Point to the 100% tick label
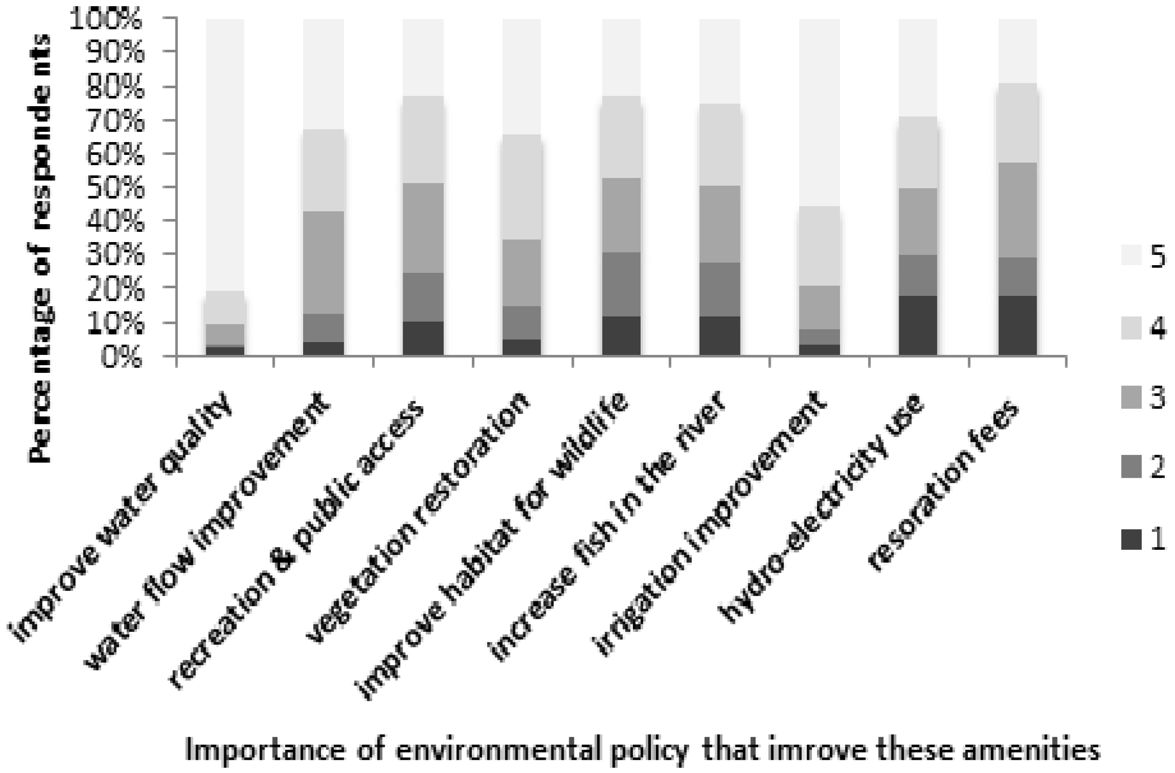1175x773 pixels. pos(108,22)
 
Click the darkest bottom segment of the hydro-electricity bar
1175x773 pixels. pos(918,326)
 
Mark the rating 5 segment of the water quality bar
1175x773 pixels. pos(225,154)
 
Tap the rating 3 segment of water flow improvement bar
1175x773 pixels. pos(324,263)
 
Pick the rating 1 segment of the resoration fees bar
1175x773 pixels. pos(1018,326)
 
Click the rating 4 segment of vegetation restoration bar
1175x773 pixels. pos(522,187)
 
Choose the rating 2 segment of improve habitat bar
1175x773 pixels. pos(622,285)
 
